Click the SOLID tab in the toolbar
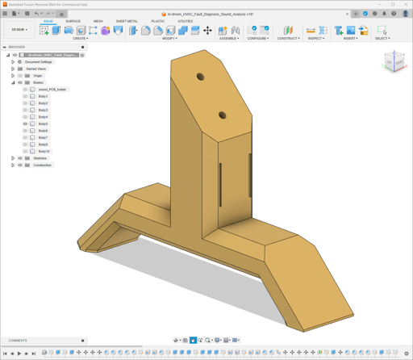(x=48, y=21)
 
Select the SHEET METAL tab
(x=127, y=21)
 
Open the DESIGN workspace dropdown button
(x=19, y=30)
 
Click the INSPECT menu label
(x=316, y=38)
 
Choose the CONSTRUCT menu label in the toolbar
(x=288, y=38)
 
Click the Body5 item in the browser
(x=43, y=124)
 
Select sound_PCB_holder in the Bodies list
(x=52, y=90)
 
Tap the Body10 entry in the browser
(x=44, y=152)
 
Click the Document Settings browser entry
(x=38, y=62)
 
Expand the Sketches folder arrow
(x=13, y=158)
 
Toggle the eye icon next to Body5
(x=25, y=124)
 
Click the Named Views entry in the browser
(x=35, y=69)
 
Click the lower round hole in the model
(x=223, y=116)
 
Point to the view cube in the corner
(x=394, y=61)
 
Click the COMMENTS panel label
(x=18, y=341)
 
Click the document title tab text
(x=210, y=14)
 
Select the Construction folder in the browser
(x=42, y=165)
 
